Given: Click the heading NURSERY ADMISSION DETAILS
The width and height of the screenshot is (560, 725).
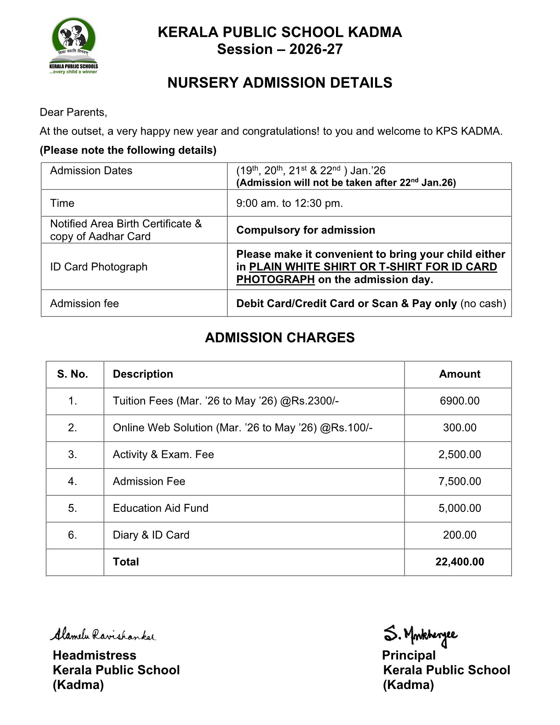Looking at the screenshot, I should click(280, 83).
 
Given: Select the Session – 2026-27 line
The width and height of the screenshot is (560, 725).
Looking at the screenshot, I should click(280, 49).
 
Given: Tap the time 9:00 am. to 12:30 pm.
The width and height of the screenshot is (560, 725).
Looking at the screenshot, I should click(289, 203).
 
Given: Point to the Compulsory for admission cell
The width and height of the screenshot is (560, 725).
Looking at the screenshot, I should click(306, 230).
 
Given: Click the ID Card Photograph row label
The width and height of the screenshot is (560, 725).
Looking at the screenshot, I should click(99, 267).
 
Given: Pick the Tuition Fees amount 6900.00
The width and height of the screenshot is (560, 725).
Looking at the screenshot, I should click(459, 401).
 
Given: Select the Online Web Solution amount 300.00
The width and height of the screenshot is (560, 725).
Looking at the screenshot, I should click(459, 428).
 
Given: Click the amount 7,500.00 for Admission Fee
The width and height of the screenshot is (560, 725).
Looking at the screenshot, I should click(459, 482).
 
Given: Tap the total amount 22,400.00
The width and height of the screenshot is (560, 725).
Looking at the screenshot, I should click(459, 562).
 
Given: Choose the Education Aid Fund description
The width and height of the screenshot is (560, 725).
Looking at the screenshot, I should click(161, 508).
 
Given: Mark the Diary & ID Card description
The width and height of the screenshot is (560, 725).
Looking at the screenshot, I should click(151, 535).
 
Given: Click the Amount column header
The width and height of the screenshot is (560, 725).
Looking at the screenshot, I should click(459, 374).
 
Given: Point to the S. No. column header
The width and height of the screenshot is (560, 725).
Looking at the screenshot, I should click(72, 374).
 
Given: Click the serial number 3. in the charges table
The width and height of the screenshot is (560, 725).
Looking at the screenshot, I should click(72, 455).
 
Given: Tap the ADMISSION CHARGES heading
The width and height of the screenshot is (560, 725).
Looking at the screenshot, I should click(280, 338).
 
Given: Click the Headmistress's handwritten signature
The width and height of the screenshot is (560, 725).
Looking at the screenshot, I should click(103, 635).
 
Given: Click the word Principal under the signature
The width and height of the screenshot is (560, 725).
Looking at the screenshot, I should click(408, 656).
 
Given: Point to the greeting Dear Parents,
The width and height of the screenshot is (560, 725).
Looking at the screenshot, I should click(73, 112).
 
